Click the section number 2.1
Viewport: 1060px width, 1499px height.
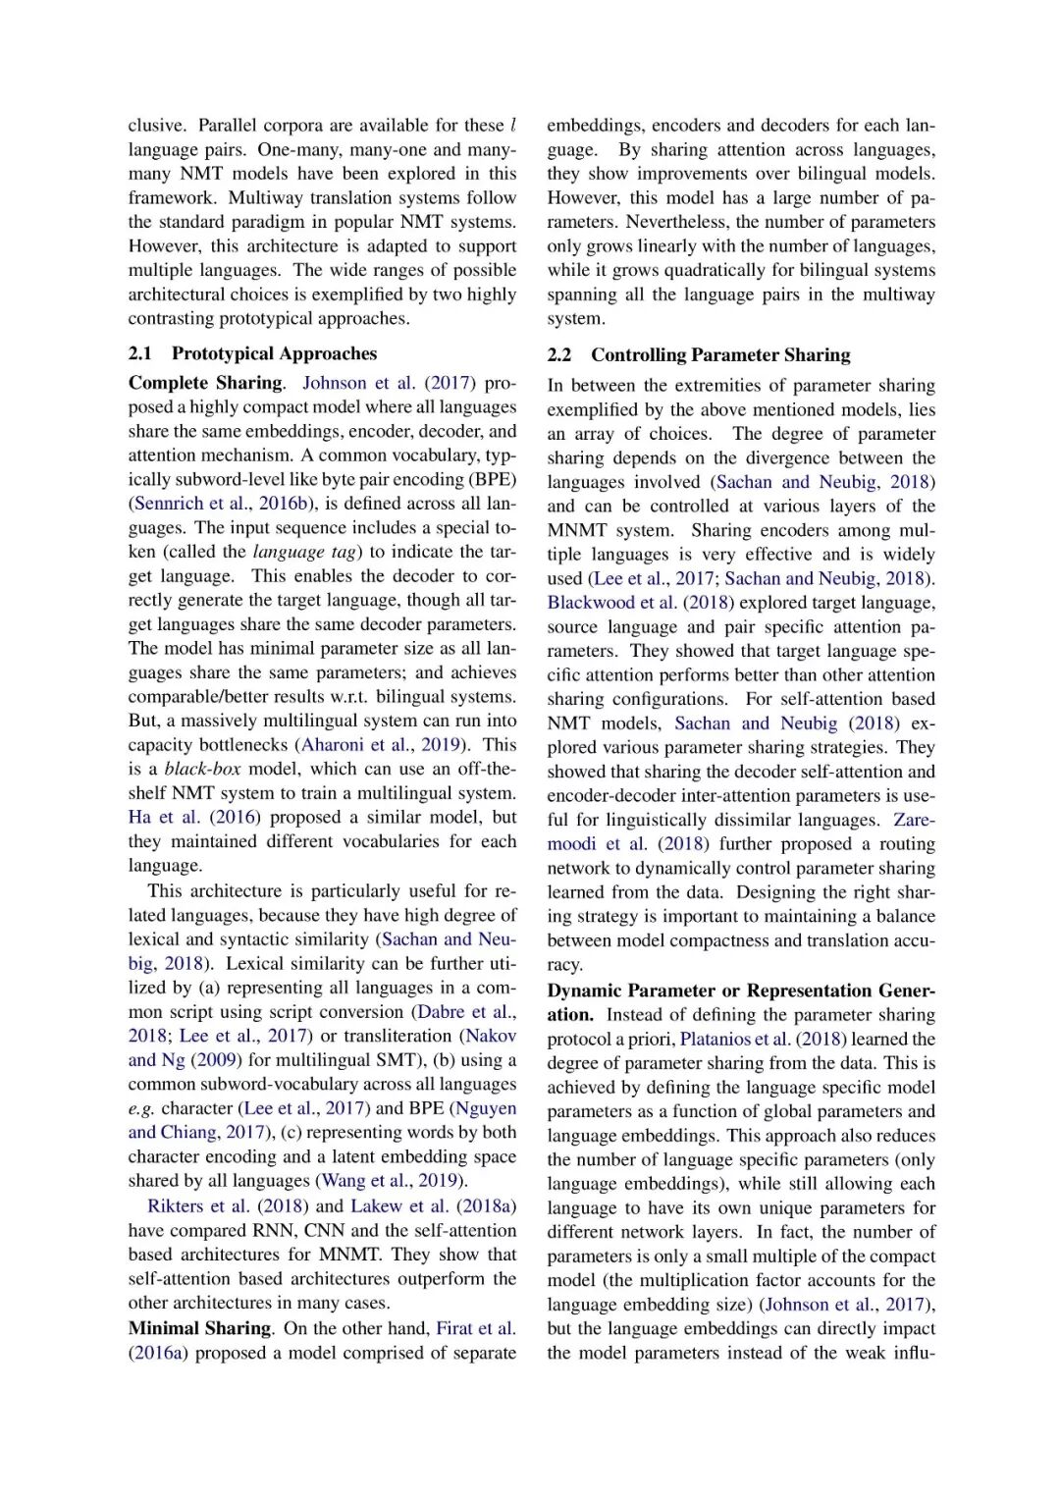coord(140,353)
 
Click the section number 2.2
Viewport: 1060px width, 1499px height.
coord(559,354)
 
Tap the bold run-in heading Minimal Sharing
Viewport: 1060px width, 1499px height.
coord(199,1328)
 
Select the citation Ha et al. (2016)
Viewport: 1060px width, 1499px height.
coord(194,818)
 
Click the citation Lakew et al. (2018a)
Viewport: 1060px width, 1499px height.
coord(433,1206)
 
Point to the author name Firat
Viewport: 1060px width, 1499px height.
coord(454,1328)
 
